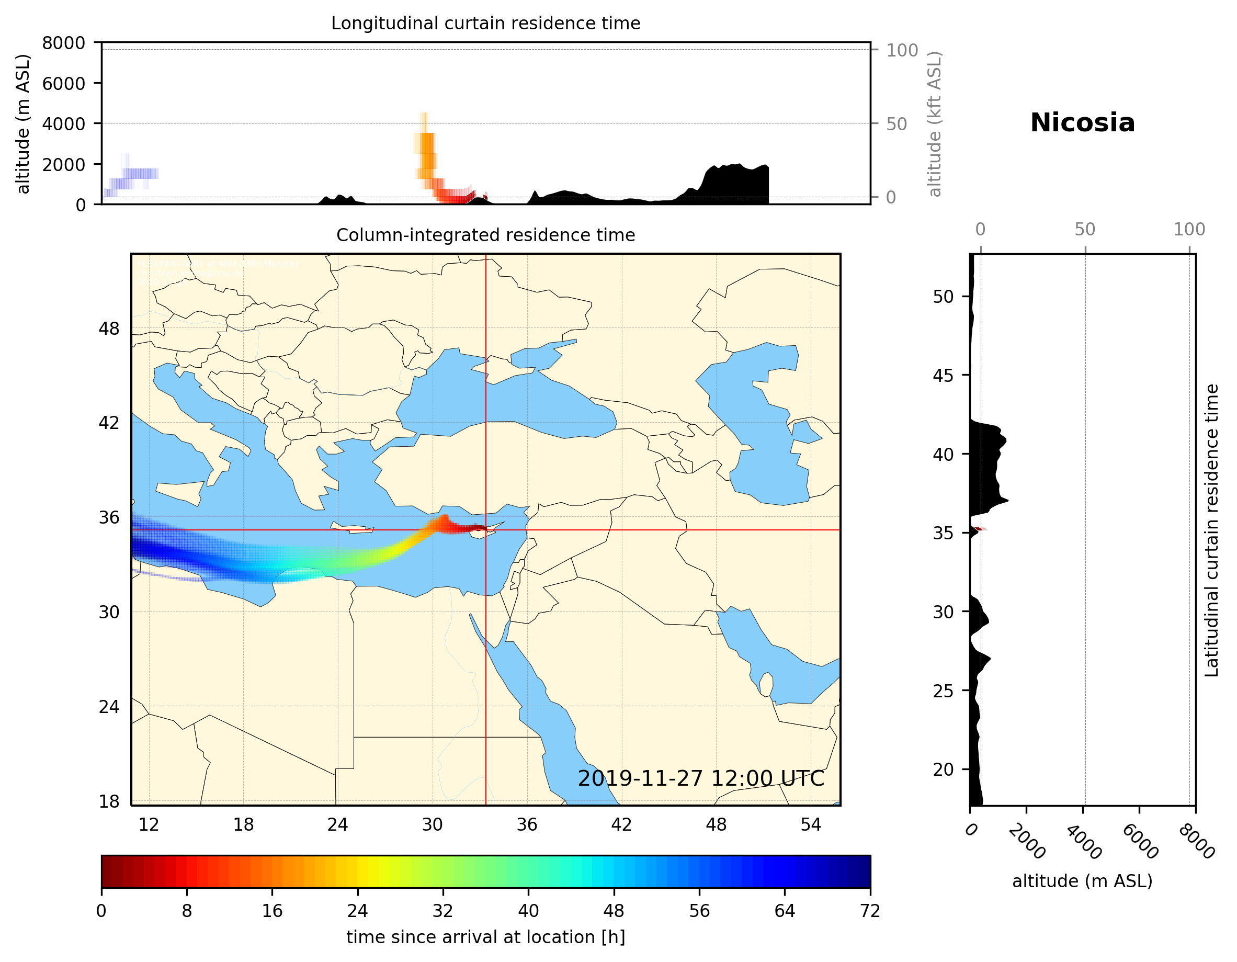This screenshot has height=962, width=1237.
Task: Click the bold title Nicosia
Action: (x=1082, y=123)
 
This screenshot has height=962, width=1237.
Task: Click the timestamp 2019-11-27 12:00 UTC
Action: (x=701, y=778)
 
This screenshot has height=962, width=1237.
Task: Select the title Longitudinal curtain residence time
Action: (x=485, y=23)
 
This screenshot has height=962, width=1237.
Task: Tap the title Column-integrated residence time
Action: (x=485, y=235)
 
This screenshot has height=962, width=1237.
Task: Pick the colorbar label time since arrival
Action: (x=485, y=937)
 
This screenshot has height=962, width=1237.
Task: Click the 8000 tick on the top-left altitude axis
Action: (x=63, y=43)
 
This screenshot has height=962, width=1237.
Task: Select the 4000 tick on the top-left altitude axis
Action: (x=63, y=124)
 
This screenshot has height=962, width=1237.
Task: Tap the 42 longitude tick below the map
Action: (x=621, y=824)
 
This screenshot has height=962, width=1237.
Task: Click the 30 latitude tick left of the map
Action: (x=109, y=613)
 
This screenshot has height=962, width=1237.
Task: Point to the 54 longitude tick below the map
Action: (x=811, y=824)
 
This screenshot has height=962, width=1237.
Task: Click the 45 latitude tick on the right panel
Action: (x=943, y=376)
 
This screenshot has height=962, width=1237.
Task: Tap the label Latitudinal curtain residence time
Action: (x=1211, y=530)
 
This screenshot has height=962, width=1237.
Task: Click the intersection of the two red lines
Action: (x=485, y=530)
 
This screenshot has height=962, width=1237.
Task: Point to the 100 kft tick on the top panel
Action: (x=902, y=50)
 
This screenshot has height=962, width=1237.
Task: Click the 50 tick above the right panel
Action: (x=1085, y=230)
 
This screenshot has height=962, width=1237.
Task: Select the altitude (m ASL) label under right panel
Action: (x=1082, y=881)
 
